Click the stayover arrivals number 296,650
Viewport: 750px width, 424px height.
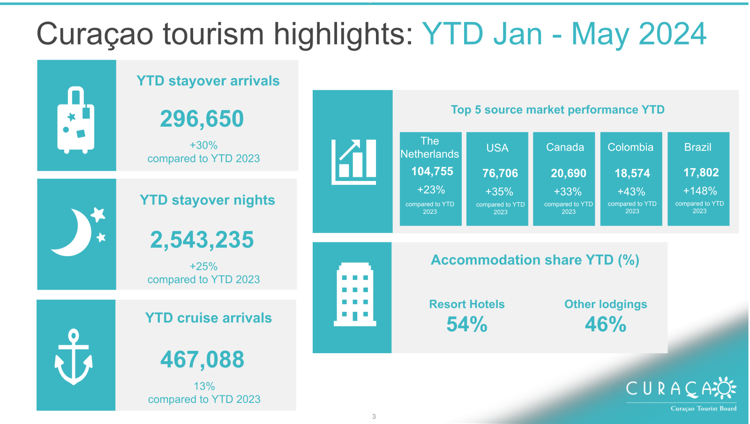202,119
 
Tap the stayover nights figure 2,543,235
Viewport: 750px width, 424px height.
202,240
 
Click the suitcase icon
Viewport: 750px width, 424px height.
76,120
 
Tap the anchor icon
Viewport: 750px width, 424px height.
74,356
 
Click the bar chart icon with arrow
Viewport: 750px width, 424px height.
354,162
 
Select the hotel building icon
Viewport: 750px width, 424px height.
355,295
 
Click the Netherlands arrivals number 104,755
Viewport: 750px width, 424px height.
432,172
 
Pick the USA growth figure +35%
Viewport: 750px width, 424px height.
499,192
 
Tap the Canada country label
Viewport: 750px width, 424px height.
565,147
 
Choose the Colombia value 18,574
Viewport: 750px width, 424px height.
632,173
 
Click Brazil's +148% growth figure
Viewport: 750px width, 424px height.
700,191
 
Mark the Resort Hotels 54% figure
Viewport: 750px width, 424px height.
467,325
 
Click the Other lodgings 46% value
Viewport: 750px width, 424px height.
606,325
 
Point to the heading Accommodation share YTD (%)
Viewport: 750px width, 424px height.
535,260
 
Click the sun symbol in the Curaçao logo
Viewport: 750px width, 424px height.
725,388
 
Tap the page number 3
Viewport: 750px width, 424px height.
374,416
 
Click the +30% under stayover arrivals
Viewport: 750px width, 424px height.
203,145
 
